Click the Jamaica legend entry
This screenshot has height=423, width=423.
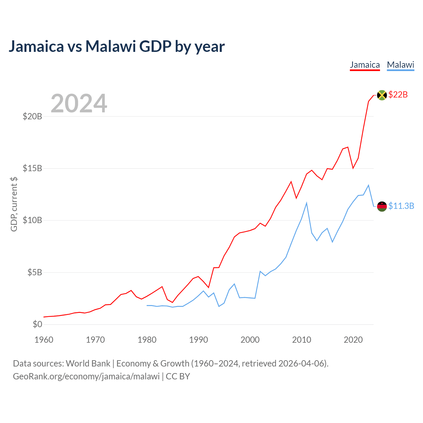[365, 65]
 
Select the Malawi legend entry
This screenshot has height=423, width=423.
[401, 65]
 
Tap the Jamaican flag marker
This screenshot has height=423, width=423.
[382, 95]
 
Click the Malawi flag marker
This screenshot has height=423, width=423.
[382, 206]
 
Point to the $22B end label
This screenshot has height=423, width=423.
[398, 95]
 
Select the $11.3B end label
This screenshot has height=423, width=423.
[401, 206]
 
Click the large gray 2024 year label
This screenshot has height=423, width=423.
[79, 103]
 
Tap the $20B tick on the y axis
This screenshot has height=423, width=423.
[32, 116]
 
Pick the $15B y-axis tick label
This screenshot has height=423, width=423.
[32, 168]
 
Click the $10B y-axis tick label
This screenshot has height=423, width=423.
[32, 220]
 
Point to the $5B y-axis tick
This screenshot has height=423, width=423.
[34, 272]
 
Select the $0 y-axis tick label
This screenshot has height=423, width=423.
[37, 324]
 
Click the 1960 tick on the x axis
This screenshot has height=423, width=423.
[44, 340]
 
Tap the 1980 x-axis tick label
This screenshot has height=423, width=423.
[147, 340]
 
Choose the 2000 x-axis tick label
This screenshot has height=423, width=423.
[250, 340]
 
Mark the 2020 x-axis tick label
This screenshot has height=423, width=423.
[353, 340]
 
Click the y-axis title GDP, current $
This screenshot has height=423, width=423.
[14, 204]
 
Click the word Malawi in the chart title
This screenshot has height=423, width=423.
[110, 46]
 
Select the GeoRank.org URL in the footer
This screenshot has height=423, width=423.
[86, 376]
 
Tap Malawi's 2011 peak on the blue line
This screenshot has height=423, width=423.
[307, 203]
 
